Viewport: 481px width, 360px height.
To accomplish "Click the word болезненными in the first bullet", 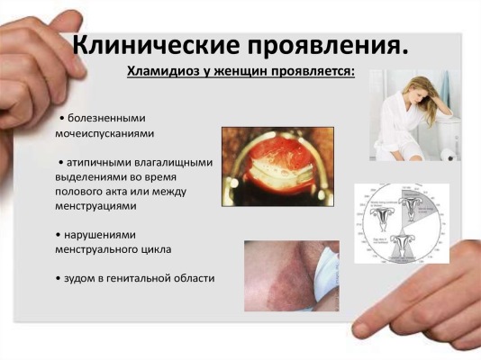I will (x=104, y=118).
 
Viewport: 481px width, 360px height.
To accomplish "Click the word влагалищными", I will (x=179, y=163).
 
